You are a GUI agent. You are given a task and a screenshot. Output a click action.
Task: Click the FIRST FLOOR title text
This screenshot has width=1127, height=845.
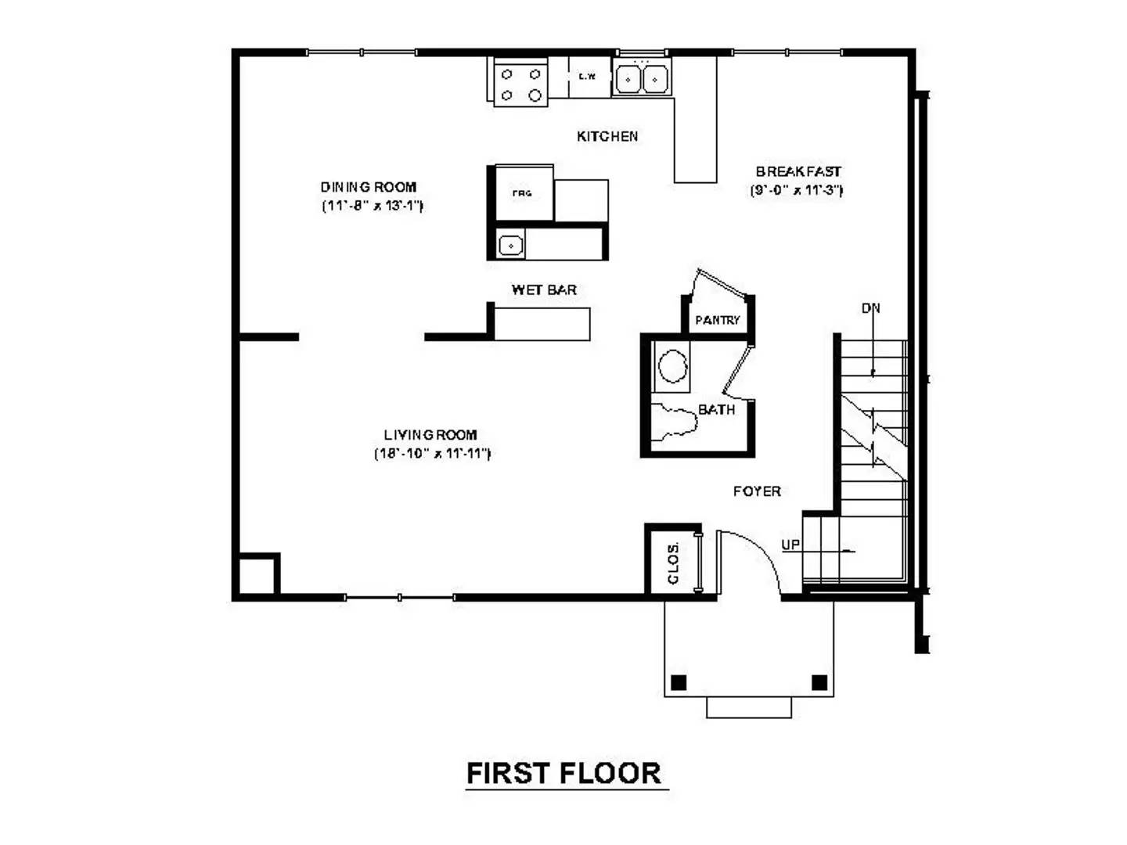[x=563, y=773]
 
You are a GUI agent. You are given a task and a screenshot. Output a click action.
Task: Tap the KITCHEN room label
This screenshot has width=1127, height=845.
[x=607, y=136]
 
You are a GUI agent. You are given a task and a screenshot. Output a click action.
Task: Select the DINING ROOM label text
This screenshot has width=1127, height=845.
[x=369, y=187]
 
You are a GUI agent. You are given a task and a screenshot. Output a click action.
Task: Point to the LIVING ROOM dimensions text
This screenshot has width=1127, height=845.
[x=432, y=454]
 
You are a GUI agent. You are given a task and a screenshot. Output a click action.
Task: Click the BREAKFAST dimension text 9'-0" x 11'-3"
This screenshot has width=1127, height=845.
[x=797, y=190]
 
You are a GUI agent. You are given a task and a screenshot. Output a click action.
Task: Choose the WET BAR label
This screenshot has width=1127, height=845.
[x=544, y=289]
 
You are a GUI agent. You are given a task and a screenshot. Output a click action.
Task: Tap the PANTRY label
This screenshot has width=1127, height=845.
[x=717, y=320]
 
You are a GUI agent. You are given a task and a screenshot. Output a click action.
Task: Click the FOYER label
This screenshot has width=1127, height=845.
[x=757, y=491]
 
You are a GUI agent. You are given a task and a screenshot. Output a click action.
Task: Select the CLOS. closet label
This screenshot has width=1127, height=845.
[x=673, y=564]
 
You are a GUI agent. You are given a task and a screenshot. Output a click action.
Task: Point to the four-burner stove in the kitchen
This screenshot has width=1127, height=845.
[x=521, y=84]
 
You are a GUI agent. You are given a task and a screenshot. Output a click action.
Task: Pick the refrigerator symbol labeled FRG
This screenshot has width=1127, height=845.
[x=523, y=193]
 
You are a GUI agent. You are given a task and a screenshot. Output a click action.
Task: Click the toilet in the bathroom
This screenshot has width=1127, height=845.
[x=675, y=419]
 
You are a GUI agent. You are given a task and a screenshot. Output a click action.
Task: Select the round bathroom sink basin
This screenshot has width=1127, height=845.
[x=672, y=366]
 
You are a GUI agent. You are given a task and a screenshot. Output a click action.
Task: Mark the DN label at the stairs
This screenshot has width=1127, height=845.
[x=871, y=308]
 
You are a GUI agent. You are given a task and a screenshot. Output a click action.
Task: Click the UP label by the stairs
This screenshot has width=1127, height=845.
[x=790, y=545]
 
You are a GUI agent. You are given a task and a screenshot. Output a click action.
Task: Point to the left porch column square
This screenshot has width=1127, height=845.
[x=679, y=682]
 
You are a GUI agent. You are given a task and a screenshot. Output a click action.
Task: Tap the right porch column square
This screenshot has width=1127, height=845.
[x=819, y=682]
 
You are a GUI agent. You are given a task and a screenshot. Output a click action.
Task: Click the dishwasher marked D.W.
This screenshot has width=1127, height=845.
[x=588, y=77]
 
